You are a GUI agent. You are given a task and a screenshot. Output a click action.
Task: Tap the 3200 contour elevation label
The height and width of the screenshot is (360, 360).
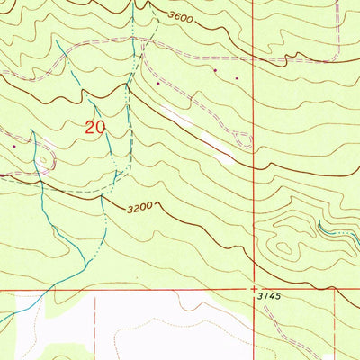tap(141, 207)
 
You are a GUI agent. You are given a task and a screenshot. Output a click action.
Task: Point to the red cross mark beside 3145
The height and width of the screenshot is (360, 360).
tap(254, 289)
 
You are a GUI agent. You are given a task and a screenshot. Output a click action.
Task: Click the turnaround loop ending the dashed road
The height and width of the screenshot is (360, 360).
tap(242, 139)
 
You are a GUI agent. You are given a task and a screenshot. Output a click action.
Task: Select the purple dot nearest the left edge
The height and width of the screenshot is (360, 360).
tap(14, 144)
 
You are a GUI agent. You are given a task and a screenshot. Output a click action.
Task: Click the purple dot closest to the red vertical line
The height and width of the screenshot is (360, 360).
tap(236, 78)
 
